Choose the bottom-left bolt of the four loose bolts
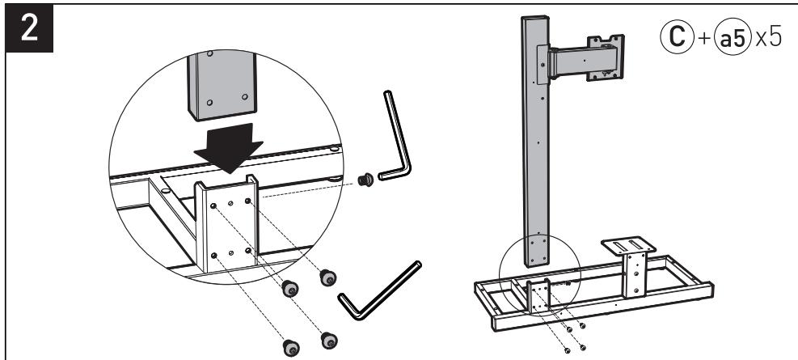[289, 347]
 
